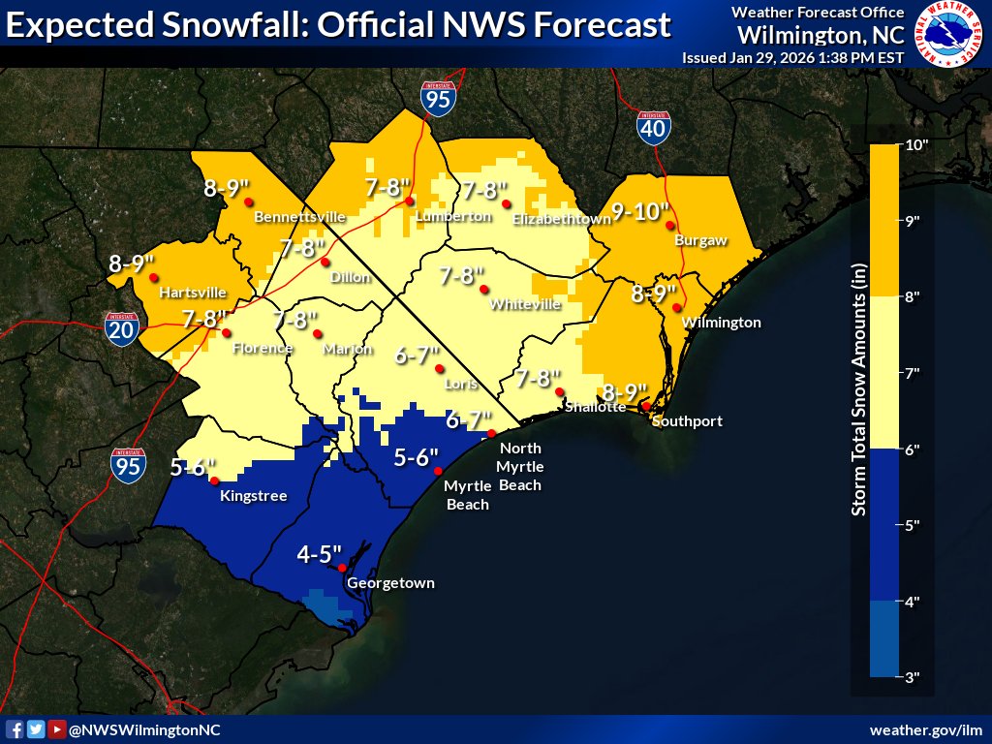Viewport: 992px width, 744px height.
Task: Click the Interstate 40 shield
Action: (653, 126)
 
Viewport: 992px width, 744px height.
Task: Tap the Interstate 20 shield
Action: (121, 329)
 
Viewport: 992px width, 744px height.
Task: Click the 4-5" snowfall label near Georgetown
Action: (320, 555)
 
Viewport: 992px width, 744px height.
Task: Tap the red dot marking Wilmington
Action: (677, 308)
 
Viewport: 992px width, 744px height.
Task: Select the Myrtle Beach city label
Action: (466, 495)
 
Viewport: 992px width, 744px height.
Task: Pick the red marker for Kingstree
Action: (214, 480)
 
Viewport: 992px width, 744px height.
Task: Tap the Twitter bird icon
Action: (36, 729)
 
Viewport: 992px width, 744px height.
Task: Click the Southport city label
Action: (687, 421)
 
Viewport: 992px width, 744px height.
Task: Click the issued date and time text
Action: (792, 57)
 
